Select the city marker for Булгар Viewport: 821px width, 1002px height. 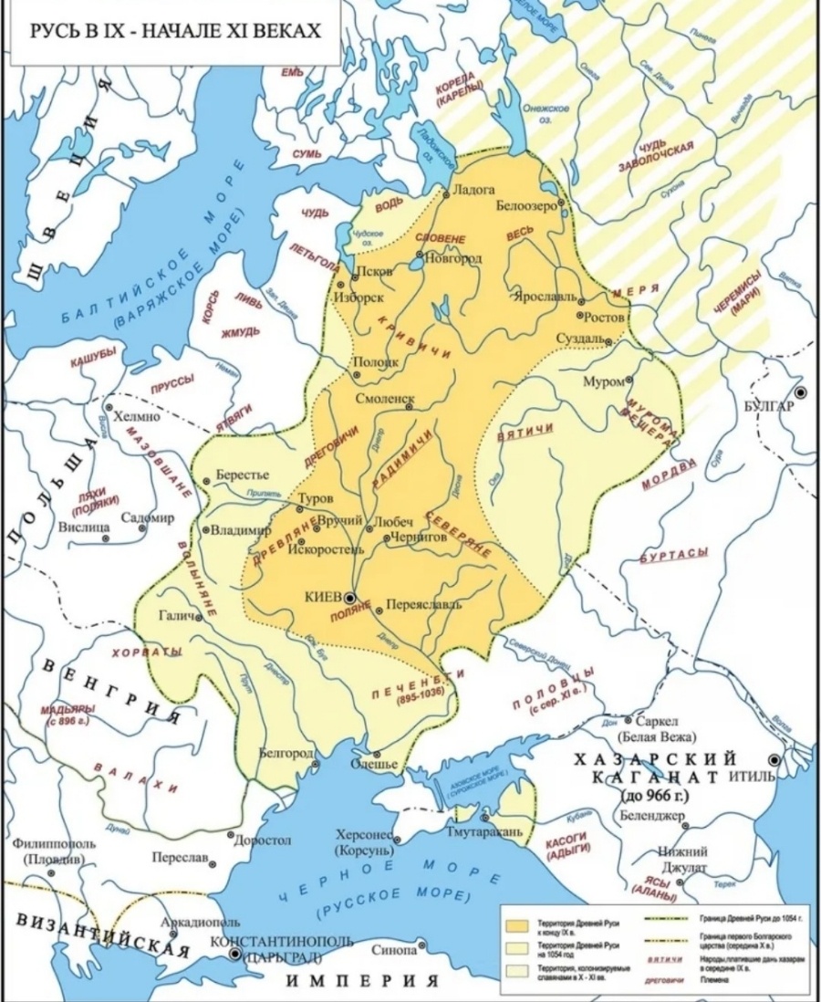click(x=801, y=391)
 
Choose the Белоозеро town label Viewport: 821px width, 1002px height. click(x=525, y=206)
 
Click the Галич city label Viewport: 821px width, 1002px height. click(x=175, y=616)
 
